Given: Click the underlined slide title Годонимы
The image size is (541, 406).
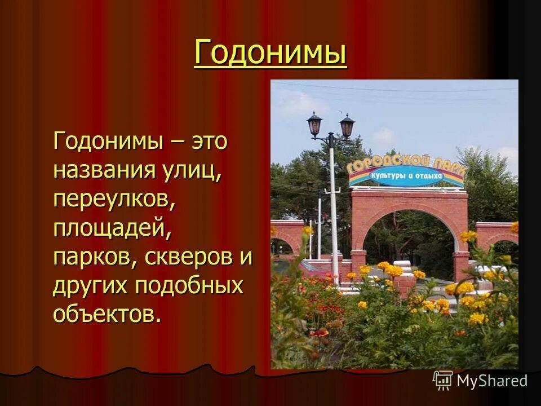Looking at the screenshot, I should (x=270, y=54).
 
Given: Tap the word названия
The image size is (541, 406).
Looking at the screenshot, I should (x=99, y=170).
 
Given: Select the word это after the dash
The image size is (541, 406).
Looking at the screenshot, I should (x=209, y=140).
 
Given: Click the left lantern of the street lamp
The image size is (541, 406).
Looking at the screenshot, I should (x=314, y=124).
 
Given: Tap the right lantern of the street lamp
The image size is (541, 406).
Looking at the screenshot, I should (x=347, y=126).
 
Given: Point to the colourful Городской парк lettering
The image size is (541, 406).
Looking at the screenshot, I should (x=406, y=165).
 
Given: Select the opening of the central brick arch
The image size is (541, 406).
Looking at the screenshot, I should (x=410, y=237).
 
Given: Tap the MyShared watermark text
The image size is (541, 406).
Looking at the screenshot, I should (x=492, y=381).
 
